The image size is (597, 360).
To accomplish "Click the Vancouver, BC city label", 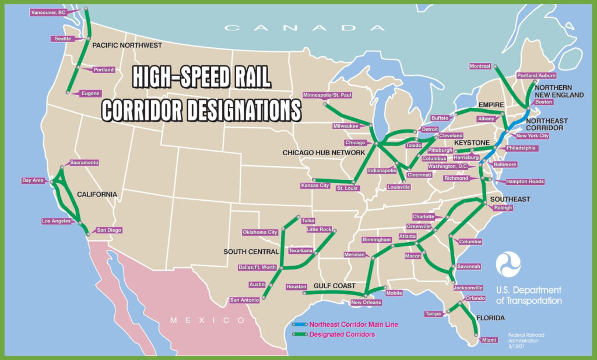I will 49,12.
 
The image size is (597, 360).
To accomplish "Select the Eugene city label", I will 91,93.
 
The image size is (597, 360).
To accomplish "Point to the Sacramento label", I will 84,162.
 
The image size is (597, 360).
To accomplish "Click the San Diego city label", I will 109,230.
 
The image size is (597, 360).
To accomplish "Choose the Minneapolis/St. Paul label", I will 328,95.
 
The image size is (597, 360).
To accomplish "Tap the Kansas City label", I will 313,186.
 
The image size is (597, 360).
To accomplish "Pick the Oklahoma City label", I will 260,232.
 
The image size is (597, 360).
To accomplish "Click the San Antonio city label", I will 244,300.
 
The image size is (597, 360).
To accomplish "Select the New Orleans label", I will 366,302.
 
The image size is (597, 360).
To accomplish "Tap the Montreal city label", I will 480,66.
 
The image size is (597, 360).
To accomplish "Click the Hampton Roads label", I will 525,181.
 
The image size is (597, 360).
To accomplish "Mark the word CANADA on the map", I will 298,27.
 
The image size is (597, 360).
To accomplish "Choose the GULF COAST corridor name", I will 335,286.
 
